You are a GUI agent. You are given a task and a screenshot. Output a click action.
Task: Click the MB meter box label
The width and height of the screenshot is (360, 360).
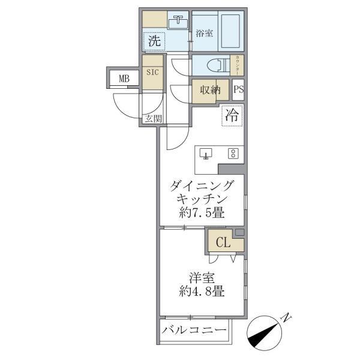coord(124,78)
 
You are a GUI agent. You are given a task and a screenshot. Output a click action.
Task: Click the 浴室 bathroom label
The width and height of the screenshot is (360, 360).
coord(205,34)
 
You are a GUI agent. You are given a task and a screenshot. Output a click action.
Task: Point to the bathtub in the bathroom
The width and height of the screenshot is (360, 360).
coord(232,32)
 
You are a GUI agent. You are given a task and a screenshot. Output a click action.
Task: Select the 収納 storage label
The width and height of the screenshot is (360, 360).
coord(210,91)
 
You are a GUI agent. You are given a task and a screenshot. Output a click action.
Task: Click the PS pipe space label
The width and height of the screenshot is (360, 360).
coord(238,91)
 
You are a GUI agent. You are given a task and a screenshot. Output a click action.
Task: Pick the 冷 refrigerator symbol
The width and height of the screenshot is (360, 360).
coord(232,116)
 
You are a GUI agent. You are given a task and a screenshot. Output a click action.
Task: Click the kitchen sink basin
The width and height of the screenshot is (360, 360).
coord(207,154)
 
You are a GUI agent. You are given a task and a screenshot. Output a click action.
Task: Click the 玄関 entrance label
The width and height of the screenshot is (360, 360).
coord(152,118)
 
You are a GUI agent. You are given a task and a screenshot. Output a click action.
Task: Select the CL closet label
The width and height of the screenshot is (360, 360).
coord(222,243)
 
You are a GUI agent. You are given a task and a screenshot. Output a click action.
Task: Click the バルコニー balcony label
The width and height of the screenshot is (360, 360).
coord(194,331)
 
